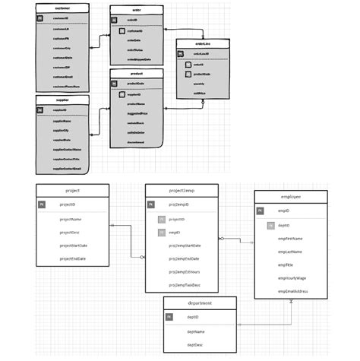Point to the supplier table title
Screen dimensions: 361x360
62,99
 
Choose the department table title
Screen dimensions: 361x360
200,302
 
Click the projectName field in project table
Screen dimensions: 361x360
71,219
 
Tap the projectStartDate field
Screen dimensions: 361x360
74,246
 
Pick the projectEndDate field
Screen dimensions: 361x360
73,259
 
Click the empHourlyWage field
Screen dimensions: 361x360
292,278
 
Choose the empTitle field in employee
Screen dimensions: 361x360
286,264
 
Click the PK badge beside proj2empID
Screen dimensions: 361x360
150,205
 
